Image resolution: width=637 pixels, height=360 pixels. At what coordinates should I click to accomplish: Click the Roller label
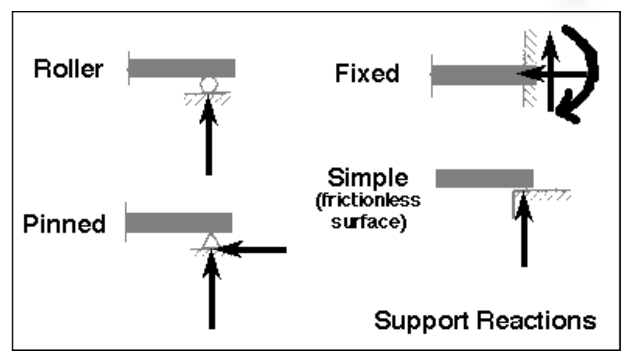(69, 69)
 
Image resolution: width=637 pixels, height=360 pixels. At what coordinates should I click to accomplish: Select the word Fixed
(367, 73)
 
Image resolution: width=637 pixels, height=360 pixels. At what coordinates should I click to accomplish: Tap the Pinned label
(64, 224)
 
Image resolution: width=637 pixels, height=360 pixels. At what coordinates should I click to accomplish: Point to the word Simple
(367, 177)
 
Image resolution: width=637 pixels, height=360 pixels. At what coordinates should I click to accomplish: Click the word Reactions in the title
(537, 320)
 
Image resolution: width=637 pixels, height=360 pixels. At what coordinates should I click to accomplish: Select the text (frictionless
(368, 200)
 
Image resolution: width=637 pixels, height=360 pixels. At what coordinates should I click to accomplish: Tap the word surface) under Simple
(368, 222)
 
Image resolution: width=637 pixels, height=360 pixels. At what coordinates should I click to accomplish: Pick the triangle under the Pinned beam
(210, 241)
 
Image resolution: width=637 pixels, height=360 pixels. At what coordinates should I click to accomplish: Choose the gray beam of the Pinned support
(179, 223)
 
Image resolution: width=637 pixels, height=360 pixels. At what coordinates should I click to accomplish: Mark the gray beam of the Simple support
(484, 178)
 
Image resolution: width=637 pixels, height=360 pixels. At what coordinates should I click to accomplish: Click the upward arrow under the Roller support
(208, 137)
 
